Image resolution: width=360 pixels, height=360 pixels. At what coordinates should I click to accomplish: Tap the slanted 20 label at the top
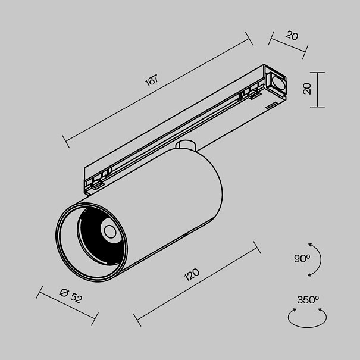pyautogui.click(x=292, y=35)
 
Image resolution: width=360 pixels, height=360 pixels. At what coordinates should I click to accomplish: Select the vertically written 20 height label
pyautogui.click(x=307, y=89)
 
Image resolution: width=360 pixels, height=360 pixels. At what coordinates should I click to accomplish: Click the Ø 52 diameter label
pyautogui.click(x=71, y=295)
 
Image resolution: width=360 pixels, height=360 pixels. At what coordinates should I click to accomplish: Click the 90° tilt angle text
pyautogui.click(x=301, y=258)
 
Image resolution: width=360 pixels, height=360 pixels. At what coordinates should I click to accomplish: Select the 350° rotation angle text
pyautogui.click(x=308, y=299)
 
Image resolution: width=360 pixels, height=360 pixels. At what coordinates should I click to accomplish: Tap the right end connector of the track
pyautogui.click(x=277, y=83)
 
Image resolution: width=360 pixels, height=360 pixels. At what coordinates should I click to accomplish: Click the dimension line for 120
pyautogui.click(x=196, y=285)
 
